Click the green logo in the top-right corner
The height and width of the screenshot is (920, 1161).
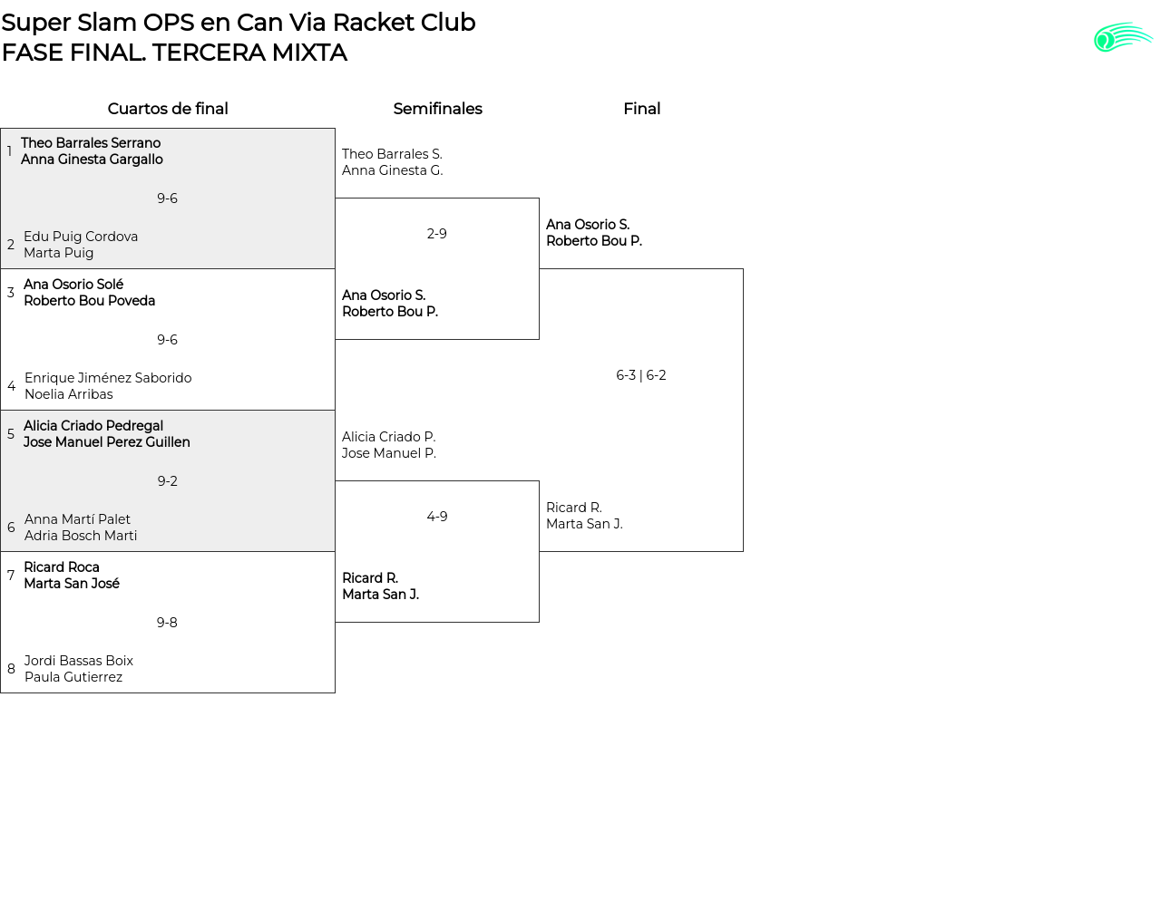tap(1123, 38)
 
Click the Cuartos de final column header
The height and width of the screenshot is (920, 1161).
tap(168, 109)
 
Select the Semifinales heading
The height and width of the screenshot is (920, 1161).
tap(437, 109)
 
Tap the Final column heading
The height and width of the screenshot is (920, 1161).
tap(641, 109)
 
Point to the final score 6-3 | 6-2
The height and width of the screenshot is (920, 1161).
tap(641, 375)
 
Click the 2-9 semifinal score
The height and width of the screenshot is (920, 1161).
tap(437, 234)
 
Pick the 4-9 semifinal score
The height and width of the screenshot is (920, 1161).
tap(437, 517)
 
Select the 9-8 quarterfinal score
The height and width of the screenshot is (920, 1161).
tap(167, 623)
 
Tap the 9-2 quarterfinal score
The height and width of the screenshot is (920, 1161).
tap(168, 481)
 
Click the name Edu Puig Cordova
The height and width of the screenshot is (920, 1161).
tap(81, 237)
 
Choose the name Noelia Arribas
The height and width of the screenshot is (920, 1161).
tap(69, 394)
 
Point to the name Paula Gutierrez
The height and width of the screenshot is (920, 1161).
tap(73, 677)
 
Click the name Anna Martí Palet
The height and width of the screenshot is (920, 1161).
tap(77, 519)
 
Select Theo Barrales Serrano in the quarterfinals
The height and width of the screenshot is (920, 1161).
tap(91, 143)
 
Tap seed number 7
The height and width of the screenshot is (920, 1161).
tap(11, 576)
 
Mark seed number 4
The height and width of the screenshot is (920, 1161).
tap(11, 386)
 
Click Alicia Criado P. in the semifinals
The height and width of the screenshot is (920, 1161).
tap(388, 437)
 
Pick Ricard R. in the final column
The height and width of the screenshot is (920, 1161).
tap(574, 508)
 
